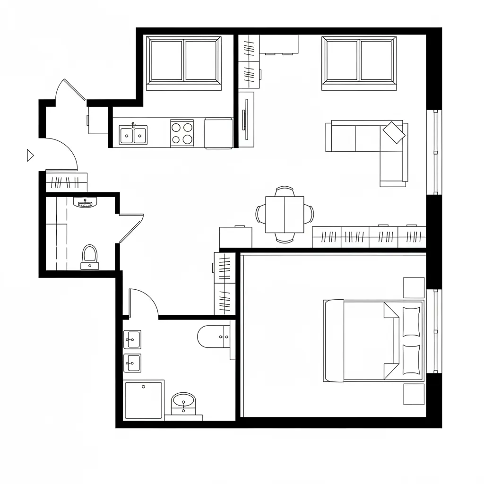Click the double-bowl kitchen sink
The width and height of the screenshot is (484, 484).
pyautogui.click(x=133, y=135)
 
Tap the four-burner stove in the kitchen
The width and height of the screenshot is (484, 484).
pyautogui.click(x=182, y=133)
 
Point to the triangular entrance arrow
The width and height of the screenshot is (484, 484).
pyautogui.click(x=30, y=155)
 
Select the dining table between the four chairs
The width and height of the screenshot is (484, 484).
pyautogui.click(x=285, y=214)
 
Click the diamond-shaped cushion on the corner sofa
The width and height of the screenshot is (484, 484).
pyautogui.click(x=394, y=132)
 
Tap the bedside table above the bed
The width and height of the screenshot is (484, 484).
pyautogui.click(x=414, y=287)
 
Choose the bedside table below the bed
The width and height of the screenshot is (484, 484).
pyautogui.click(x=414, y=394)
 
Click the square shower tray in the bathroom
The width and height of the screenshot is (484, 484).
pyautogui.click(x=143, y=400)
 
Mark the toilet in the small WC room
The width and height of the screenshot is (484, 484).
pyautogui.click(x=89, y=257)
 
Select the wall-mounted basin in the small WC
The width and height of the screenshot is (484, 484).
pyautogui.click(x=86, y=202)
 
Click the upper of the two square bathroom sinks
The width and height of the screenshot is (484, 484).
pyautogui.click(x=132, y=339)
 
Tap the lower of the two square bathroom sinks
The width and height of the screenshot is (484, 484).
pyautogui.click(x=132, y=363)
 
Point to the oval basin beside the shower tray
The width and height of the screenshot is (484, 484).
pyautogui.click(x=183, y=402)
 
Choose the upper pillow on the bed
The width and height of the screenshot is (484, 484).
pyautogui.click(x=411, y=321)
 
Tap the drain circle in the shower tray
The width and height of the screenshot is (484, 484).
pyautogui.click(x=143, y=386)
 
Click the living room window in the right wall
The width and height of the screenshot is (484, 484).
pyautogui.click(x=434, y=152)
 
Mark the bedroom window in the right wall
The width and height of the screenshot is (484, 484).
pyautogui.click(x=434, y=331)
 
